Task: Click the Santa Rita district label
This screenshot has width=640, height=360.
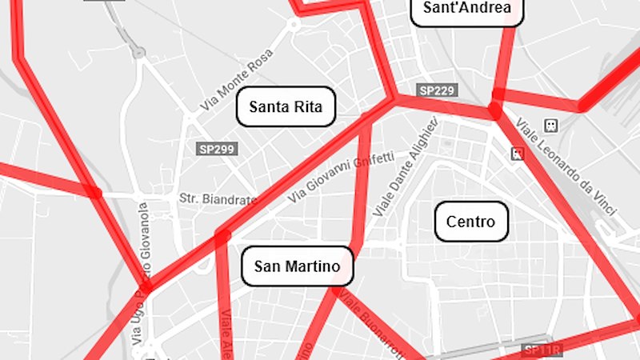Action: [x=286, y=106]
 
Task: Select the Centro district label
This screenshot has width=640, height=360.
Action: [x=471, y=222]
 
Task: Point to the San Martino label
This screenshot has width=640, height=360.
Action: [x=297, y=266]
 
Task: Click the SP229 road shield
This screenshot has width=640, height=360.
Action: [x=437, y=90]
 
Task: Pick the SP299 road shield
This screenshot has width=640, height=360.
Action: [x=218, y=149]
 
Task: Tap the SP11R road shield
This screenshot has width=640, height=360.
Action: [x=543, y=350]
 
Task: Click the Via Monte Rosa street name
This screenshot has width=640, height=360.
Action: [x=238, y=80]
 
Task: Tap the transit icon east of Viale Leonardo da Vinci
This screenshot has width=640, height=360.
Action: [x=550, y=126]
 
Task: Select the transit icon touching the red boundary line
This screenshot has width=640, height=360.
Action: [x=518, y=152]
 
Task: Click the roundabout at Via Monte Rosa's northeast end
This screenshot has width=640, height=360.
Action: [x=294, y=24]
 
